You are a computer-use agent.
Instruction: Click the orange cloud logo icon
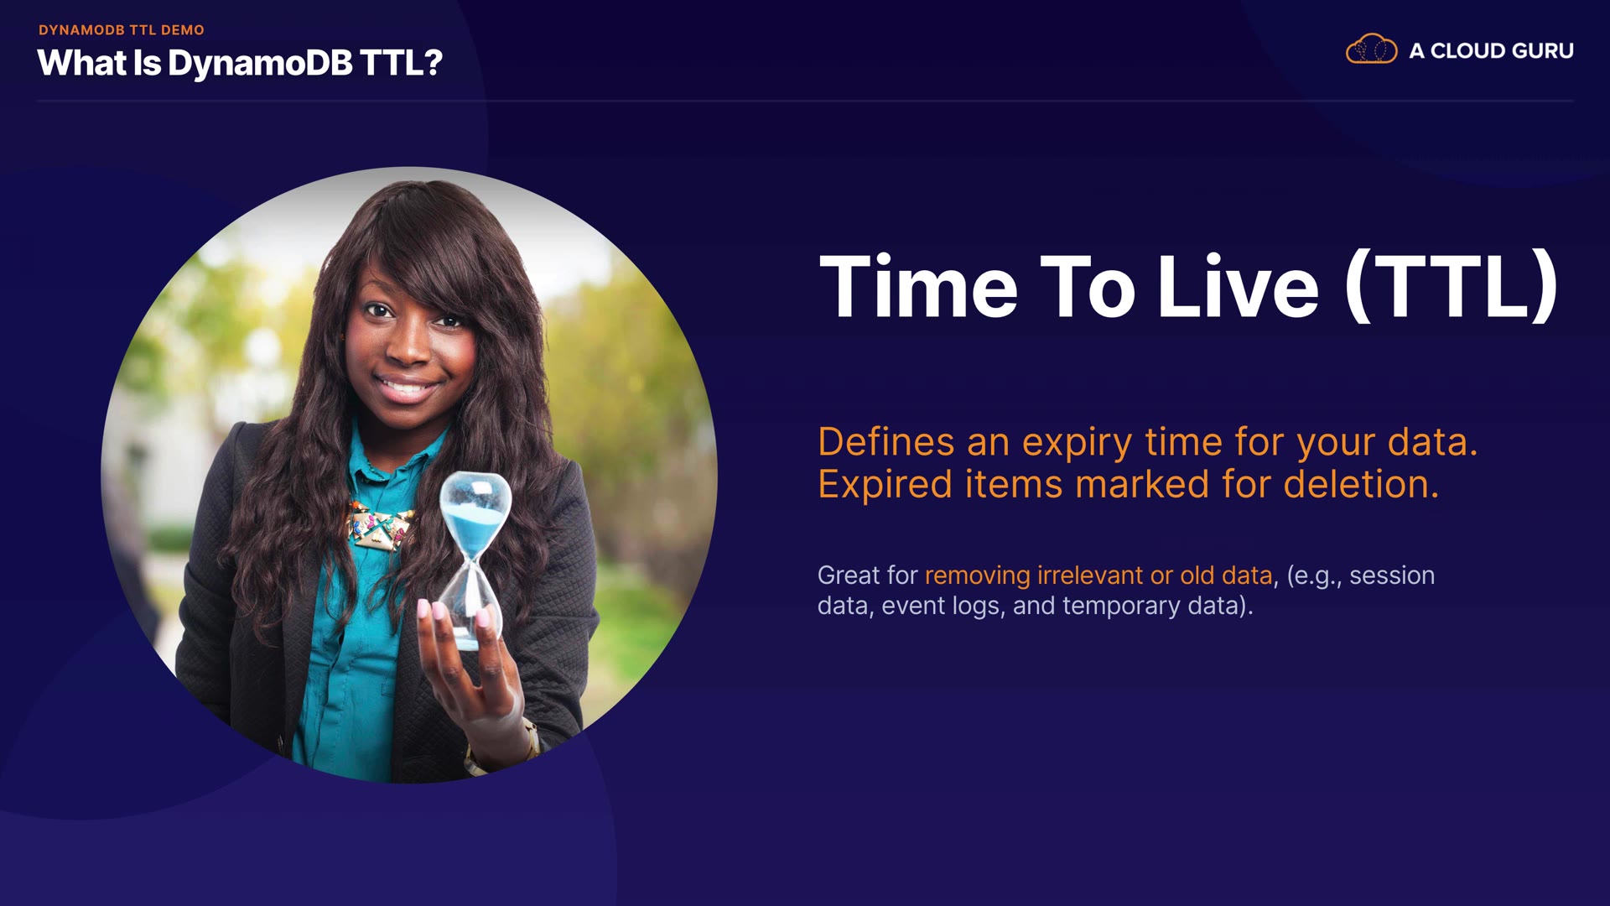1371,49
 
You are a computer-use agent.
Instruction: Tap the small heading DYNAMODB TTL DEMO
122,30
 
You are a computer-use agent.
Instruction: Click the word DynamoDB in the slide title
260,63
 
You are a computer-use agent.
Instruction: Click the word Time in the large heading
918,286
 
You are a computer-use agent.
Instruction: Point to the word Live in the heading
1239,286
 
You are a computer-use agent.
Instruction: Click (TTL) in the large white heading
1452,286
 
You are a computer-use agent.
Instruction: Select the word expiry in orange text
1077,443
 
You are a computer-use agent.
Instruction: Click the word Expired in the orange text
885,485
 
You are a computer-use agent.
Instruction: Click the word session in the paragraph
1392,576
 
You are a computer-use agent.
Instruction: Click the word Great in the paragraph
849,575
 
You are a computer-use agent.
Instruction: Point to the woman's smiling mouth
407,387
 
